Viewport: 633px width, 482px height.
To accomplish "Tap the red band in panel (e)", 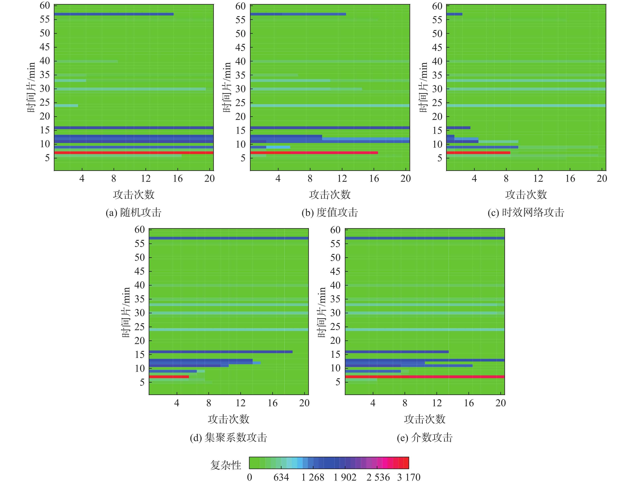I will click(425, 377).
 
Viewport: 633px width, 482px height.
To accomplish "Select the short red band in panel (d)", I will click(169, 377).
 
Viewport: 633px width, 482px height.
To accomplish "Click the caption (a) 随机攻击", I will click(133, 213).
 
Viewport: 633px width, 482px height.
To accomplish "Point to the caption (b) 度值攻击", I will click(330, 213).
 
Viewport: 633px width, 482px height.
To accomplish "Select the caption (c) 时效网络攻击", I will click(526, 213).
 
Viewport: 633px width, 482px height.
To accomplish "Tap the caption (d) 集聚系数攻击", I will click(228, 438).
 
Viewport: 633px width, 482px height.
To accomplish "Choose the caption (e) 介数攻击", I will click(425, 438).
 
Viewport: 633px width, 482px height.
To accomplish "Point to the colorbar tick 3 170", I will click(409, 477).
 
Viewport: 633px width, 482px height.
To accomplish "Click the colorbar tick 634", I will click(281, 477).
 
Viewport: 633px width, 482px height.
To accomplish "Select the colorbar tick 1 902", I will click(345, 477).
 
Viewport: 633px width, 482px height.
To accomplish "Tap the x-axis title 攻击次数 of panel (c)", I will click(526, 195).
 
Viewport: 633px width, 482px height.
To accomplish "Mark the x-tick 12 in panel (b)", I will click(342, 179).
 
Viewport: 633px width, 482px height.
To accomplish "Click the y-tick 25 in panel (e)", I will click(335, 327).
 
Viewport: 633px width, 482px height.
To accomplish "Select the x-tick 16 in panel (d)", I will click(272, 403).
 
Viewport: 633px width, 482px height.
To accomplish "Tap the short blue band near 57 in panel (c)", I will click(454, 14).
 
